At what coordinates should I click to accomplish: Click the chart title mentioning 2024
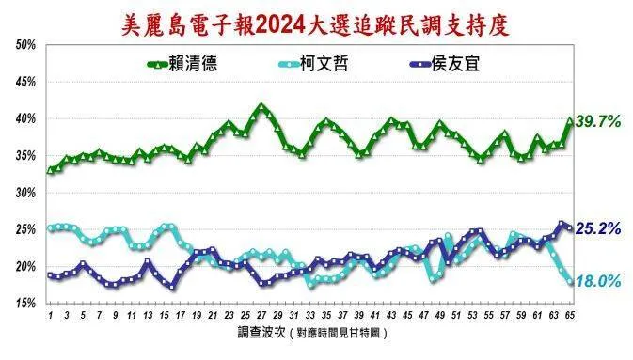pos(316,23)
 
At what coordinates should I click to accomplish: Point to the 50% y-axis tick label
pos(25,45)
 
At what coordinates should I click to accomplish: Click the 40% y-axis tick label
pos(25,119)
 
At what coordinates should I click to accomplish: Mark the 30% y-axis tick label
pos(25,193)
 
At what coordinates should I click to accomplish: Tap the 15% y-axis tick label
pos(25,303)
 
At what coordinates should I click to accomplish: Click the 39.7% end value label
pos(599,122)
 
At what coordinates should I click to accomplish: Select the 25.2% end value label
pos(599,227)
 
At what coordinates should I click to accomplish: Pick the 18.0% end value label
pos(599,280)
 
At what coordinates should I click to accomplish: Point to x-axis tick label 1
pos(50,315)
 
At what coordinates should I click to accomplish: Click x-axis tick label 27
pos(261,315)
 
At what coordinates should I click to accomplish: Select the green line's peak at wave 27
pos(261,105)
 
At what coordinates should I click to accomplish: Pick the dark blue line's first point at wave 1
pos(50,274)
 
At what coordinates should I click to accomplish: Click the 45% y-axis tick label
pos(25,82)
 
